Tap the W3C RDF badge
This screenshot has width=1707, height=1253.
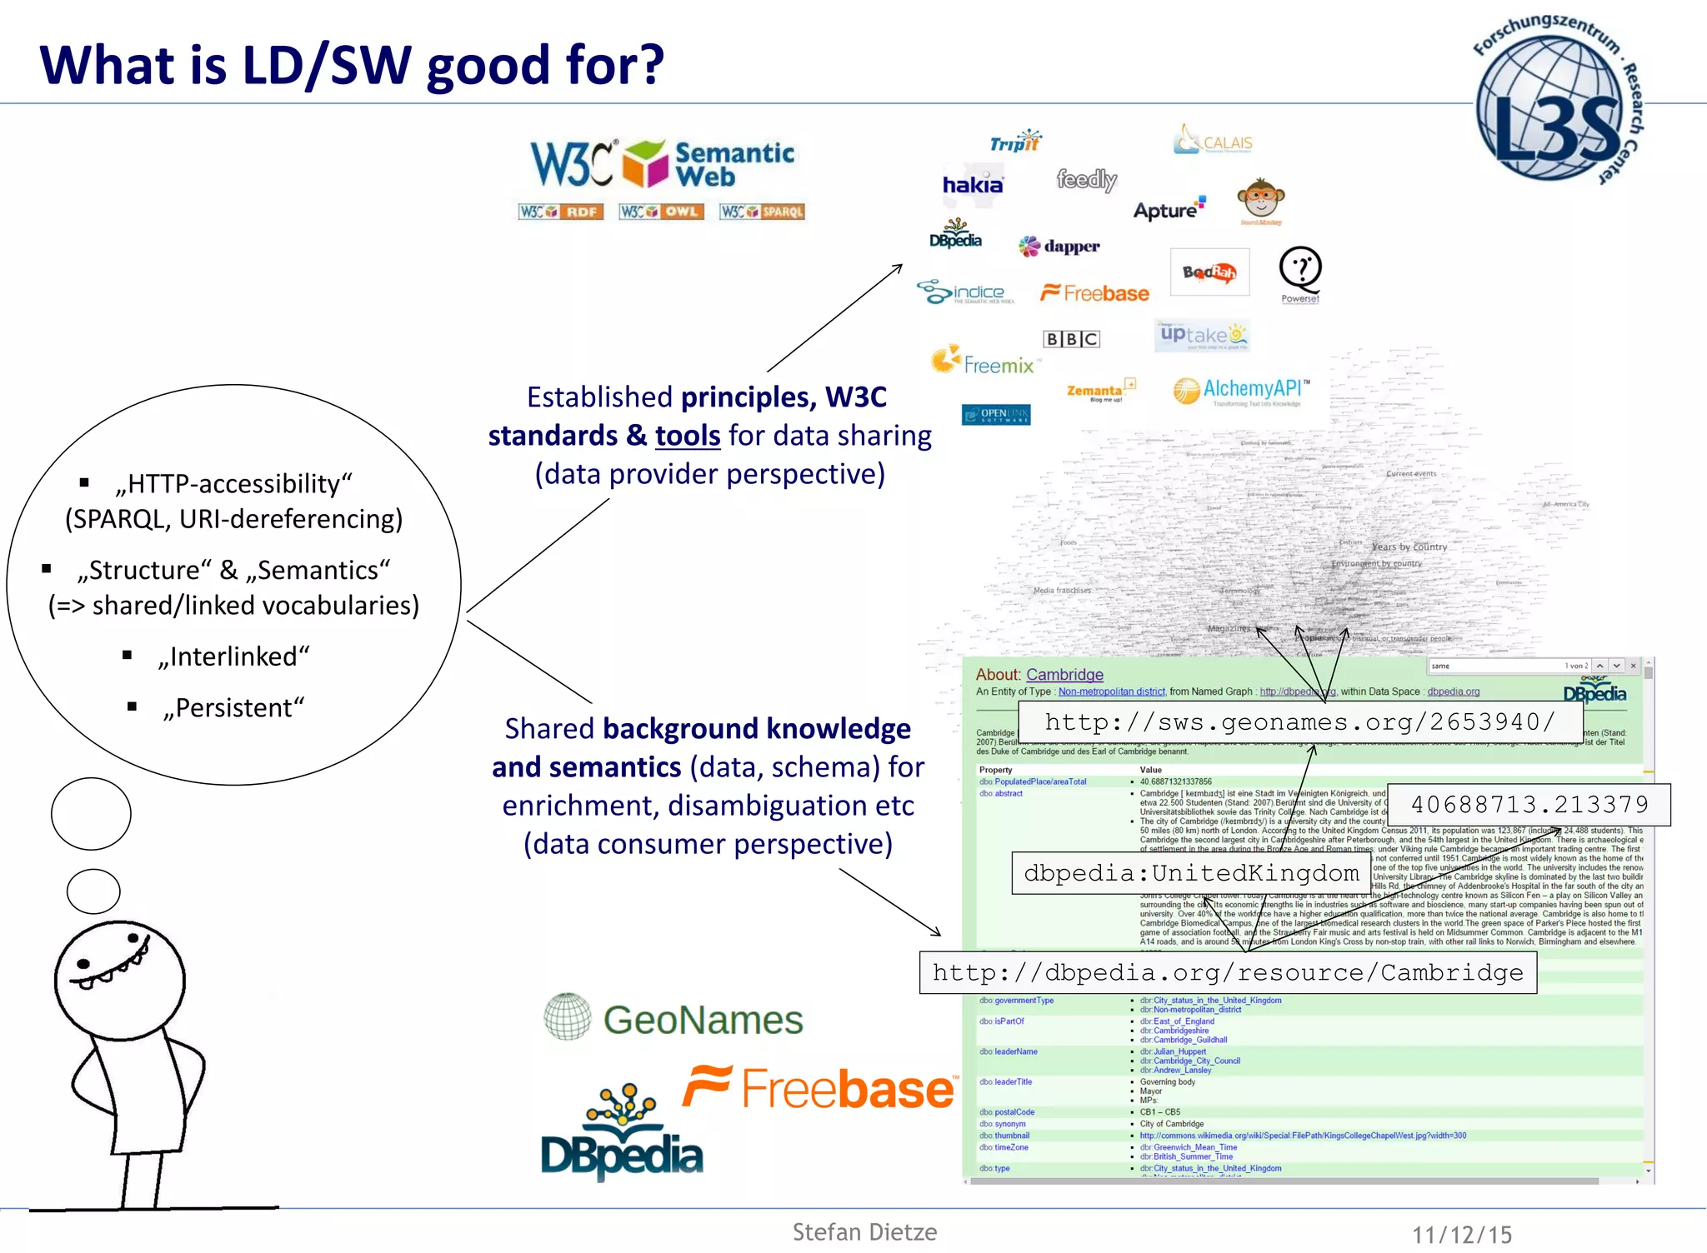(x=560, y=212)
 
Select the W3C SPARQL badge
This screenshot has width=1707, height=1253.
(x=763, y=212)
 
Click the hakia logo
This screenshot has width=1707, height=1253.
(x=972, y=185)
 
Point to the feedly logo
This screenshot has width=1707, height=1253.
(x=1086, y=179)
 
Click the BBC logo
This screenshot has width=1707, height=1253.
(x=1072, y=339)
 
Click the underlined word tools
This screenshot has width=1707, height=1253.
(x=688, y=436)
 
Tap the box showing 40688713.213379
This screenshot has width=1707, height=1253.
(x=1529, y=805)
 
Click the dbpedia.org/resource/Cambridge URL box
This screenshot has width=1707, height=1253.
(x=1227, y=972)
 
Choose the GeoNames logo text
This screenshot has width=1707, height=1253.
(x=703, y=1020)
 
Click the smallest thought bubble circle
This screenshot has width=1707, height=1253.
(x=93, y=891)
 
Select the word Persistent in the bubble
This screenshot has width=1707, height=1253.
(x=233, y=708)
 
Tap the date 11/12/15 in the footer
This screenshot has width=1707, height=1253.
(x=1461, y=1235)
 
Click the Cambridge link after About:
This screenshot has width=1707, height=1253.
(x=1064, y=675)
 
